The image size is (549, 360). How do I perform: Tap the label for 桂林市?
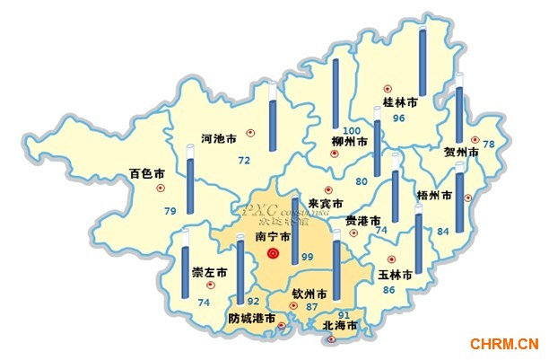tap(401, 104)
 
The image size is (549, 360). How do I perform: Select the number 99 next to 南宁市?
tap(308, 259)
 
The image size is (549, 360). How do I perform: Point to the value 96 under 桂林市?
tap(399, 119)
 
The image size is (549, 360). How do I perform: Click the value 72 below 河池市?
tap(243, 161)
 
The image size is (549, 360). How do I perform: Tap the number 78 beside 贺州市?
tap(489, 145)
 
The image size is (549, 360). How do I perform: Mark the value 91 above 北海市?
tap(344, 315)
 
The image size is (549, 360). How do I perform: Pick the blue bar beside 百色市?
tap(189, 186)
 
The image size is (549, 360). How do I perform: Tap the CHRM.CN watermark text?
tap(503, 342)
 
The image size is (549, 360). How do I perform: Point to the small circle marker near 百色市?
tap(161, 189)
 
